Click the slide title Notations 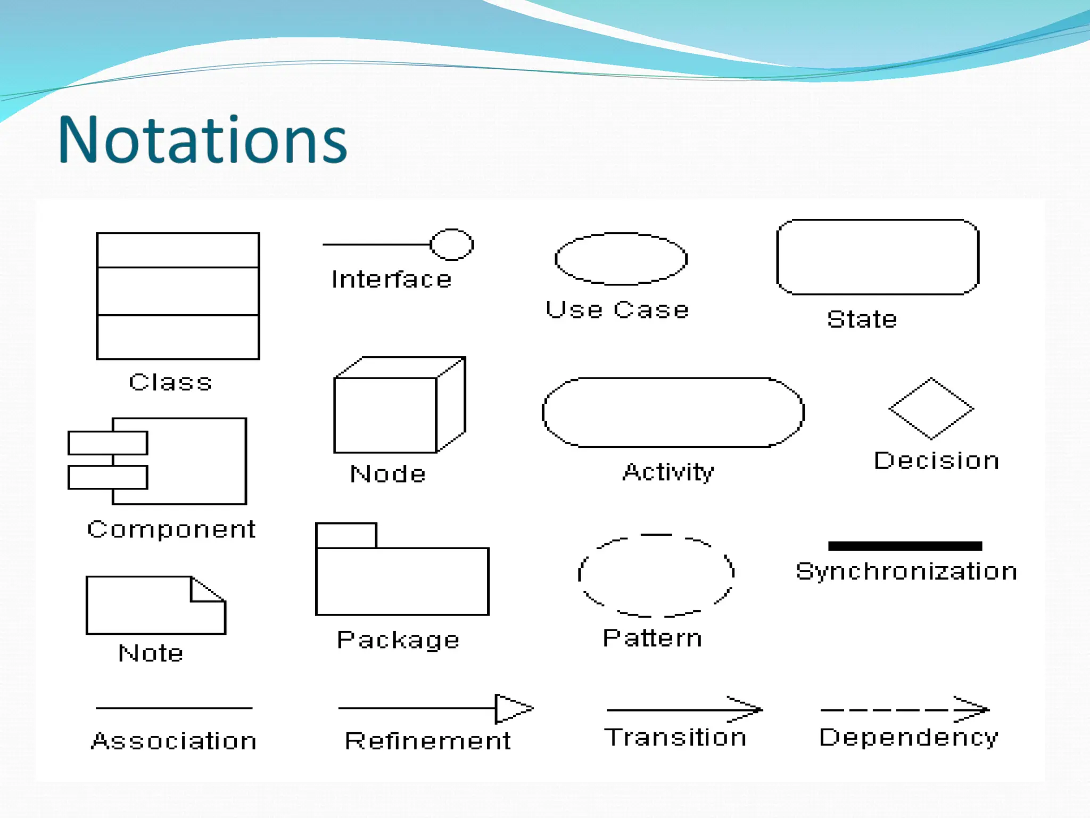202,140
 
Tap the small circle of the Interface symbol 452,244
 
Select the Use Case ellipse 621,259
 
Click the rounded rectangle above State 878,257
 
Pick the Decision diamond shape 931,408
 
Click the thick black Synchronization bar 905,546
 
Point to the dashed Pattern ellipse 656,575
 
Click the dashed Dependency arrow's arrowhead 974,709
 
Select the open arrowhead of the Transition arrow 748,709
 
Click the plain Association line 174,708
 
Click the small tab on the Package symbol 346,535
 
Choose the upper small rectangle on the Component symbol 108,443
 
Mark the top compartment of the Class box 178,250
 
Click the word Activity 668,472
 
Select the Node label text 387,473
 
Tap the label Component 171,529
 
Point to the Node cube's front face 385,415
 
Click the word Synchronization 906,571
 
